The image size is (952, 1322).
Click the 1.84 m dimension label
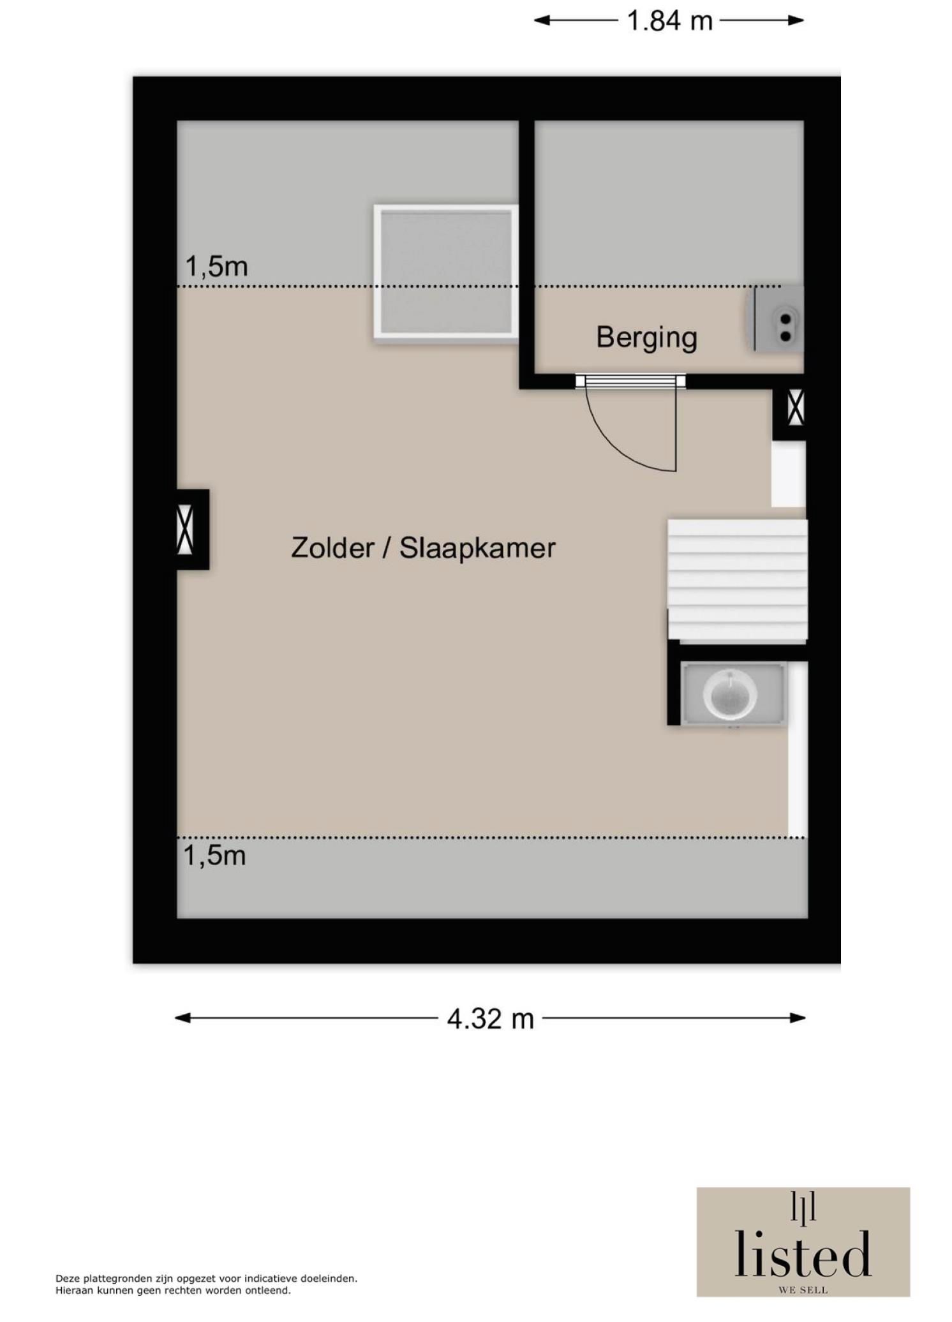click(x=669, y=21)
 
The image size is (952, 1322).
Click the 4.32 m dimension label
click(x=489, y=1019)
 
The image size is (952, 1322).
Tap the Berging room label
click(x=646, y=337)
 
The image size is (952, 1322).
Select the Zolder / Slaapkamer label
click(x=423, y=548)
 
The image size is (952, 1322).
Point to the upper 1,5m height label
click(x=216, y=267)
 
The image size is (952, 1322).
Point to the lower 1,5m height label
click(x=214, y=856)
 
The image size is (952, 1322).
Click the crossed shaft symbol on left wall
click(x=185, y=529)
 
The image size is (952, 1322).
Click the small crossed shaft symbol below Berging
click(x=795, y=408)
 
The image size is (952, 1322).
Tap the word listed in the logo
click(x=802, y=1254)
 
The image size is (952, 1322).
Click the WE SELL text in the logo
click(x=803, y=1290)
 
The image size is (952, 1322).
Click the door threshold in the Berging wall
click(x=630, y=382)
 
